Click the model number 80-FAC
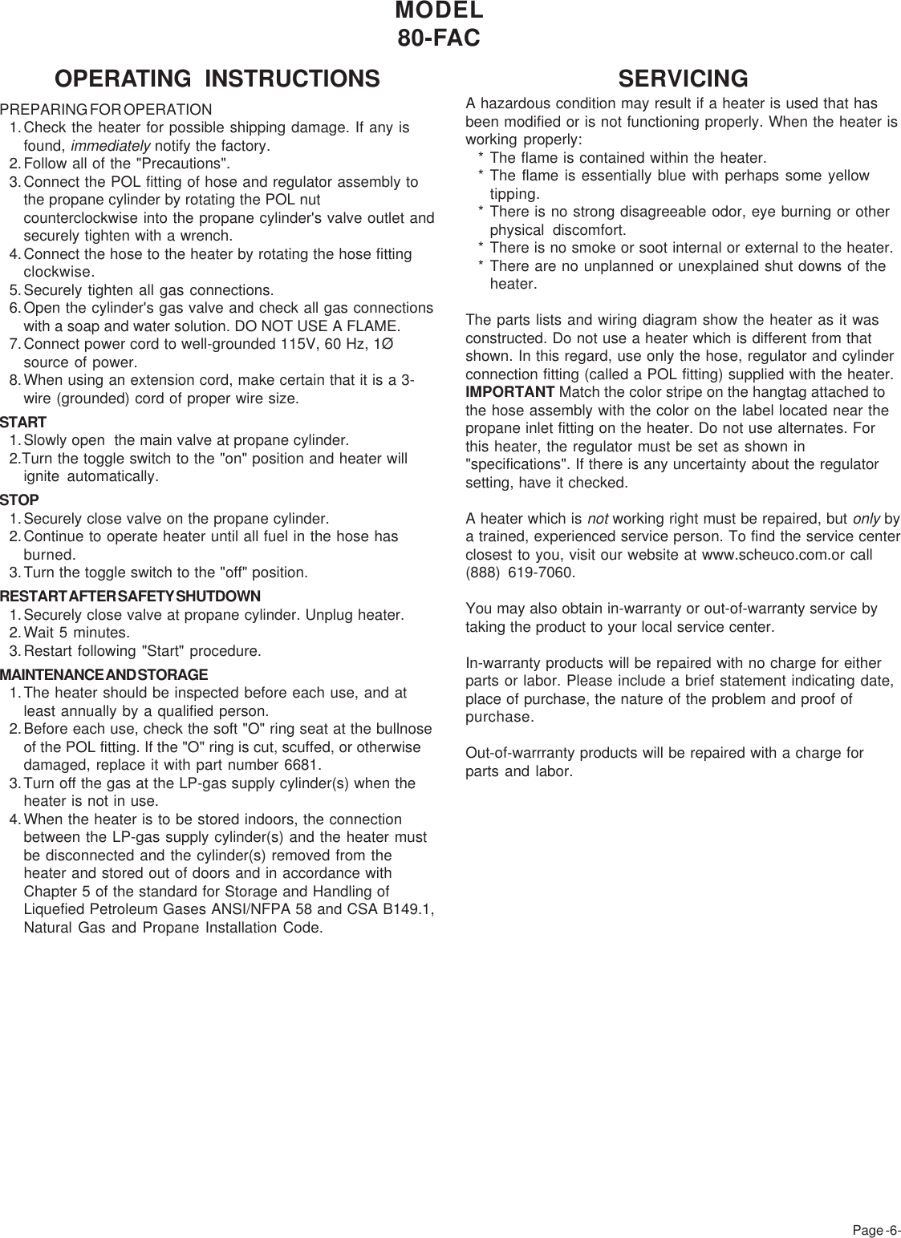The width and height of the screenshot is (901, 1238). click(439, 38)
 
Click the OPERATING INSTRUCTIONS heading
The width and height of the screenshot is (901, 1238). click(217, 79)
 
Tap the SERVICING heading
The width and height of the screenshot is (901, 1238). click(683, 79)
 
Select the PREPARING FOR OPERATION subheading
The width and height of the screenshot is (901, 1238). click(106, 109)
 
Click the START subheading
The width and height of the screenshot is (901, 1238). click(23, 422)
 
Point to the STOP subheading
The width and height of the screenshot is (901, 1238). click(20, 500)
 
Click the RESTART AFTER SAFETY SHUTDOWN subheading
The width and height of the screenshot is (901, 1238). click(130, 597)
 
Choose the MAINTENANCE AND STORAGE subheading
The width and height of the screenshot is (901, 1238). click(104, 675)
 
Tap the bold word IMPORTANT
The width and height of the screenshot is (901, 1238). click(509, 392)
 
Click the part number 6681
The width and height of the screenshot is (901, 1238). click(302, 765)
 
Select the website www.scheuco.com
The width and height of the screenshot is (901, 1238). click(754, 555)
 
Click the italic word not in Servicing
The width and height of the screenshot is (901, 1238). click(597, 519)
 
